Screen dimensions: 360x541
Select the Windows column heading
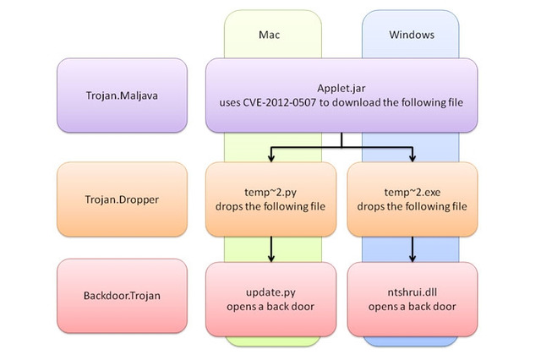411,35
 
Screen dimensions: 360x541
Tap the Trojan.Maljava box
122,95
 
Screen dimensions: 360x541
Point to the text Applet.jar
342,87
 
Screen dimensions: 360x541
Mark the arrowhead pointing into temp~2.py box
271,157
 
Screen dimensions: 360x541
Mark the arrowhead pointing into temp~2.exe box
413,157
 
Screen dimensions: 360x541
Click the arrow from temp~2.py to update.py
271,248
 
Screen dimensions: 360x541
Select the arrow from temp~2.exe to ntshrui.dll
413,248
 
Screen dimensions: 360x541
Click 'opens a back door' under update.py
271,305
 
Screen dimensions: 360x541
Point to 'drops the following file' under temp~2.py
271,207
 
